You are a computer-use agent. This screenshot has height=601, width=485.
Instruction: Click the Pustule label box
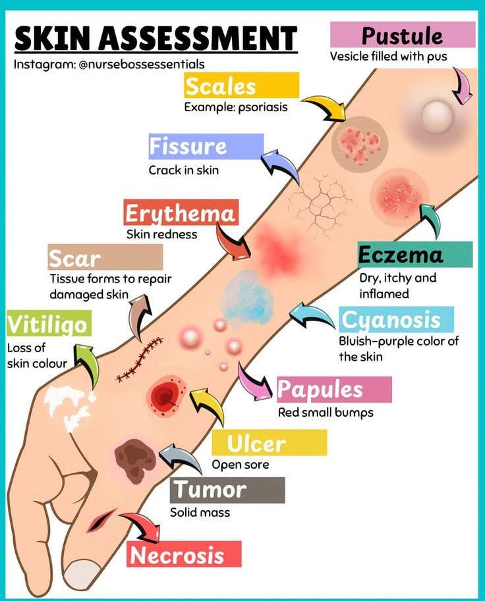(x=402, y=34)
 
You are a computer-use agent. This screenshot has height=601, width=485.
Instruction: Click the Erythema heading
(x=180, y=213)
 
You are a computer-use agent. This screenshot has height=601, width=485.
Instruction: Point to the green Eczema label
(x=414, y=254)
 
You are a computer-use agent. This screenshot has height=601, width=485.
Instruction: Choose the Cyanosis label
(x=397, y=320)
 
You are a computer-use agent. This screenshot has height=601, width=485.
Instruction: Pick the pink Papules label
(x=333, y=389)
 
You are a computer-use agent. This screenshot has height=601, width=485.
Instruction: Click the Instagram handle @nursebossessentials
(x=109, y=65)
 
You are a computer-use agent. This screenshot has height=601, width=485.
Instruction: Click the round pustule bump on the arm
(x=437, y=117)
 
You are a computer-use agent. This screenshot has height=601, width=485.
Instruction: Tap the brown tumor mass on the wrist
(x=134, y=456)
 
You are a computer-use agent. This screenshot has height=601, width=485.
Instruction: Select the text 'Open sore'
(x=240, y=465)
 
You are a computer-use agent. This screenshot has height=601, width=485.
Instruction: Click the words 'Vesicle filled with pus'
(x=388, y=57)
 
